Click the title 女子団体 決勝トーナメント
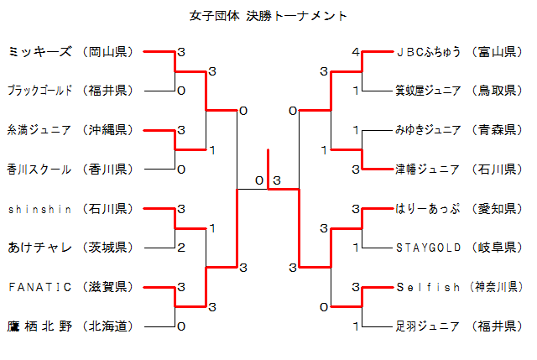pos(268,16)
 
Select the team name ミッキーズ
pos(39,52)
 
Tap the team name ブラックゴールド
pos(39,91)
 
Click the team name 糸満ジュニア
pos(39,130)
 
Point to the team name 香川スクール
pos(39,169)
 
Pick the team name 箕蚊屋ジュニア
pos(428,91)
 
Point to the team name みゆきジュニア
pos(428,130)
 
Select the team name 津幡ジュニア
pos(428,169)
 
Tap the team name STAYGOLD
pos(428,248)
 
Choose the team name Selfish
pos(428,286)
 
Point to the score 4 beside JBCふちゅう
pos(356,52)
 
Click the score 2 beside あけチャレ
pos(181,248)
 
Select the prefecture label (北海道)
pos(109,326)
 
